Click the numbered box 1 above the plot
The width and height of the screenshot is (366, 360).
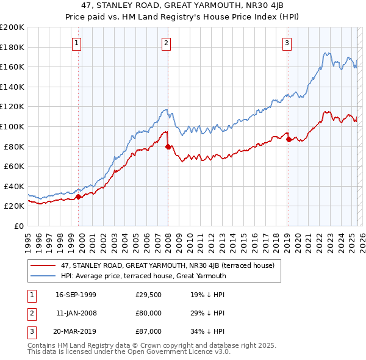pyautogui.click(x=77, y=43)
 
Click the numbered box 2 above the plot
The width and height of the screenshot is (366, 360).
pyautogui.click(x=166, y=43)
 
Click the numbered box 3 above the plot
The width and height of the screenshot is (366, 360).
pyautogui.click(x=287, y=43)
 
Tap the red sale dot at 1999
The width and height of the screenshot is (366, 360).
pyautogui.click(x=78, y=196)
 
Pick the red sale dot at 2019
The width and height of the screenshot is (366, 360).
pyautogui.click(x=289, y=139)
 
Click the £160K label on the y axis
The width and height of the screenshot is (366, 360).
pyautogui.click(x=12, y=67)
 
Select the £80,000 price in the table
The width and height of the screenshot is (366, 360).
pyautogui.click(x=148, y=313)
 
